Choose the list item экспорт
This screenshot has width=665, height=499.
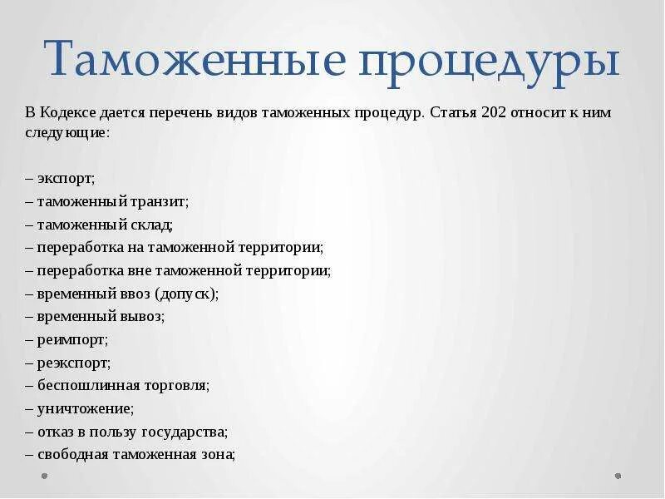coord(66,179)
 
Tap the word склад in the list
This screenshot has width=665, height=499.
coord(151,225)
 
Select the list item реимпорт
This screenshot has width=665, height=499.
coord(72,339)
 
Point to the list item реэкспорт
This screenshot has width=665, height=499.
coord(74,363)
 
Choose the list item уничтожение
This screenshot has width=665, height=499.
coord(85,408)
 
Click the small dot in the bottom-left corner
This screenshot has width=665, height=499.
coord(45,477)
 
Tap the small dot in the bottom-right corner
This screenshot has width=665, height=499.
coord(618,477)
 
